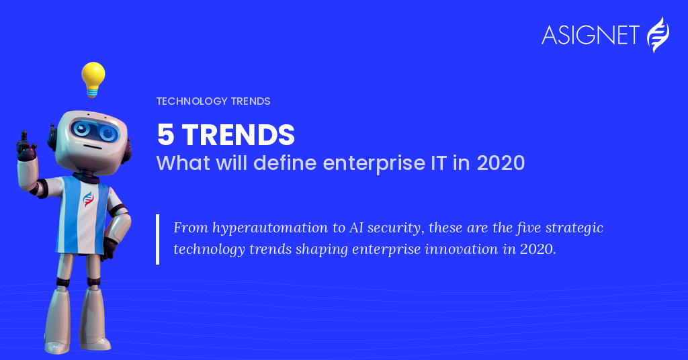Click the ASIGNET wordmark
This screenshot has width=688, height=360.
tap(590, 35)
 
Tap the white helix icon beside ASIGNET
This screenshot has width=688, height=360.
tap(658, 35)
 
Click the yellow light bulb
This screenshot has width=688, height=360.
tap(93, 79)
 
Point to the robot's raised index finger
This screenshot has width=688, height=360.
tap(24, 137)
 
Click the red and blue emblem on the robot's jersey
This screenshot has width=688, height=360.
tap(89, 199)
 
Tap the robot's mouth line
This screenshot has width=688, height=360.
tap(92, 147)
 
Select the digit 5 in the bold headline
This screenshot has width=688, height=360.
tap(166, 134)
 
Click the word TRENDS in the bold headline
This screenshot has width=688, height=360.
tap(239, 134)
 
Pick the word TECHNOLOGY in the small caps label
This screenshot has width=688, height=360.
tap(191, 101)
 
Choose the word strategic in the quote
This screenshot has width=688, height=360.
tap(574, 228)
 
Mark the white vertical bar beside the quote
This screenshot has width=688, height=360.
tap(157, 239)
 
